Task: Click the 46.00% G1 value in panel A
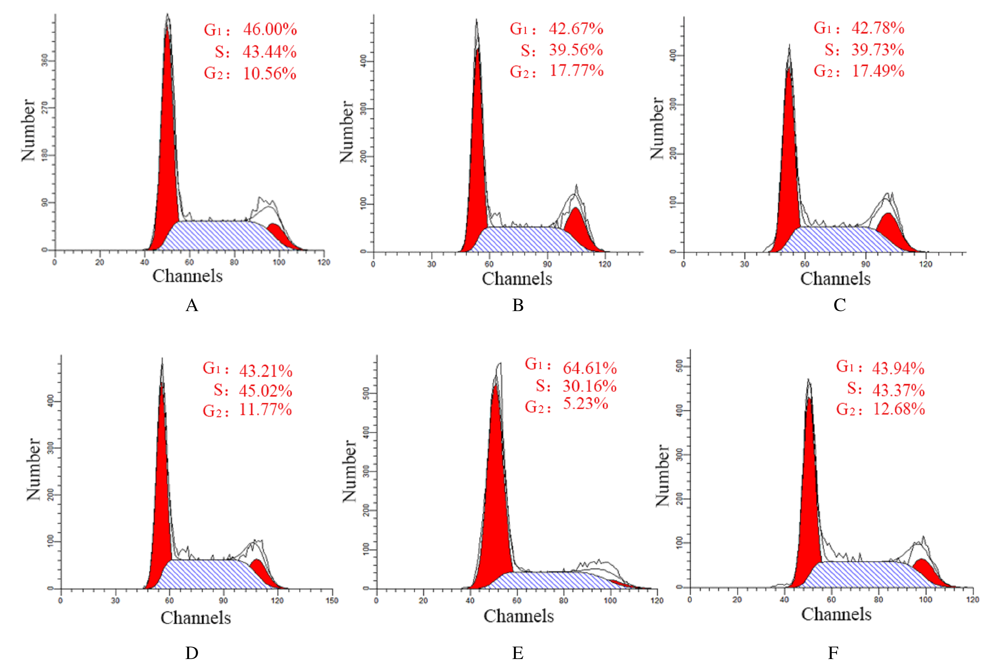270,29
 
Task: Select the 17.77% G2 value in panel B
576,71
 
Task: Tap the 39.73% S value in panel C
878,50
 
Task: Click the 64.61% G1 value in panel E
590,368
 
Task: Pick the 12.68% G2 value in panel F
899,409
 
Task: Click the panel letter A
192,305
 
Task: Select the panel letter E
518,653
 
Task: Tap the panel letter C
839,305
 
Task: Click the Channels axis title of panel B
517,279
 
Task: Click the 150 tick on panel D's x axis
332,601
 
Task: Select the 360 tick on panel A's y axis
44,61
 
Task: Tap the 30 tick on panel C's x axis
744,264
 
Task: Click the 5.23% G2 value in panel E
586,403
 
